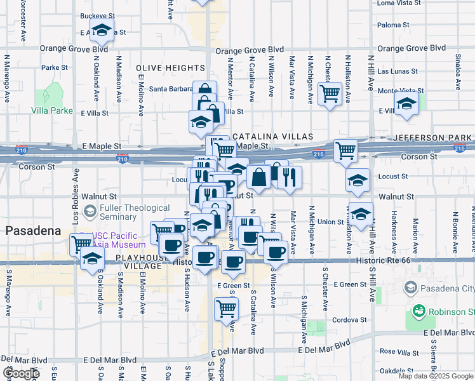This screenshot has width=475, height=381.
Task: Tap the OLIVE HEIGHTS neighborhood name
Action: (x=170, y=68)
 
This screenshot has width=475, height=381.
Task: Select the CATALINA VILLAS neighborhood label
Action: (x=272, y=137)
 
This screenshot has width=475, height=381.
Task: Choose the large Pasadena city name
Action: (x=32, y=232)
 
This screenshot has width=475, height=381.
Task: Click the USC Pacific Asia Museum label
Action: (x=120, y=240)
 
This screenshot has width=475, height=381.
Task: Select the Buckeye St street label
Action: (x=97, y=16)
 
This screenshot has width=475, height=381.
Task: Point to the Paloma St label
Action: (x=392, y=25)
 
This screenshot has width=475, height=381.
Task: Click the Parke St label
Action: (x=55, y=67)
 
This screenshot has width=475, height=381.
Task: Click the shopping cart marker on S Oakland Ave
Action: (x=82, y=243)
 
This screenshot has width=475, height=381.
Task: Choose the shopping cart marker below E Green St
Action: (x=225, y=309)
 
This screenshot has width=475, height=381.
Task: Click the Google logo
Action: (x=22, y=373)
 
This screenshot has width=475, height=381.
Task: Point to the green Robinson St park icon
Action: (x=418, y=311)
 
